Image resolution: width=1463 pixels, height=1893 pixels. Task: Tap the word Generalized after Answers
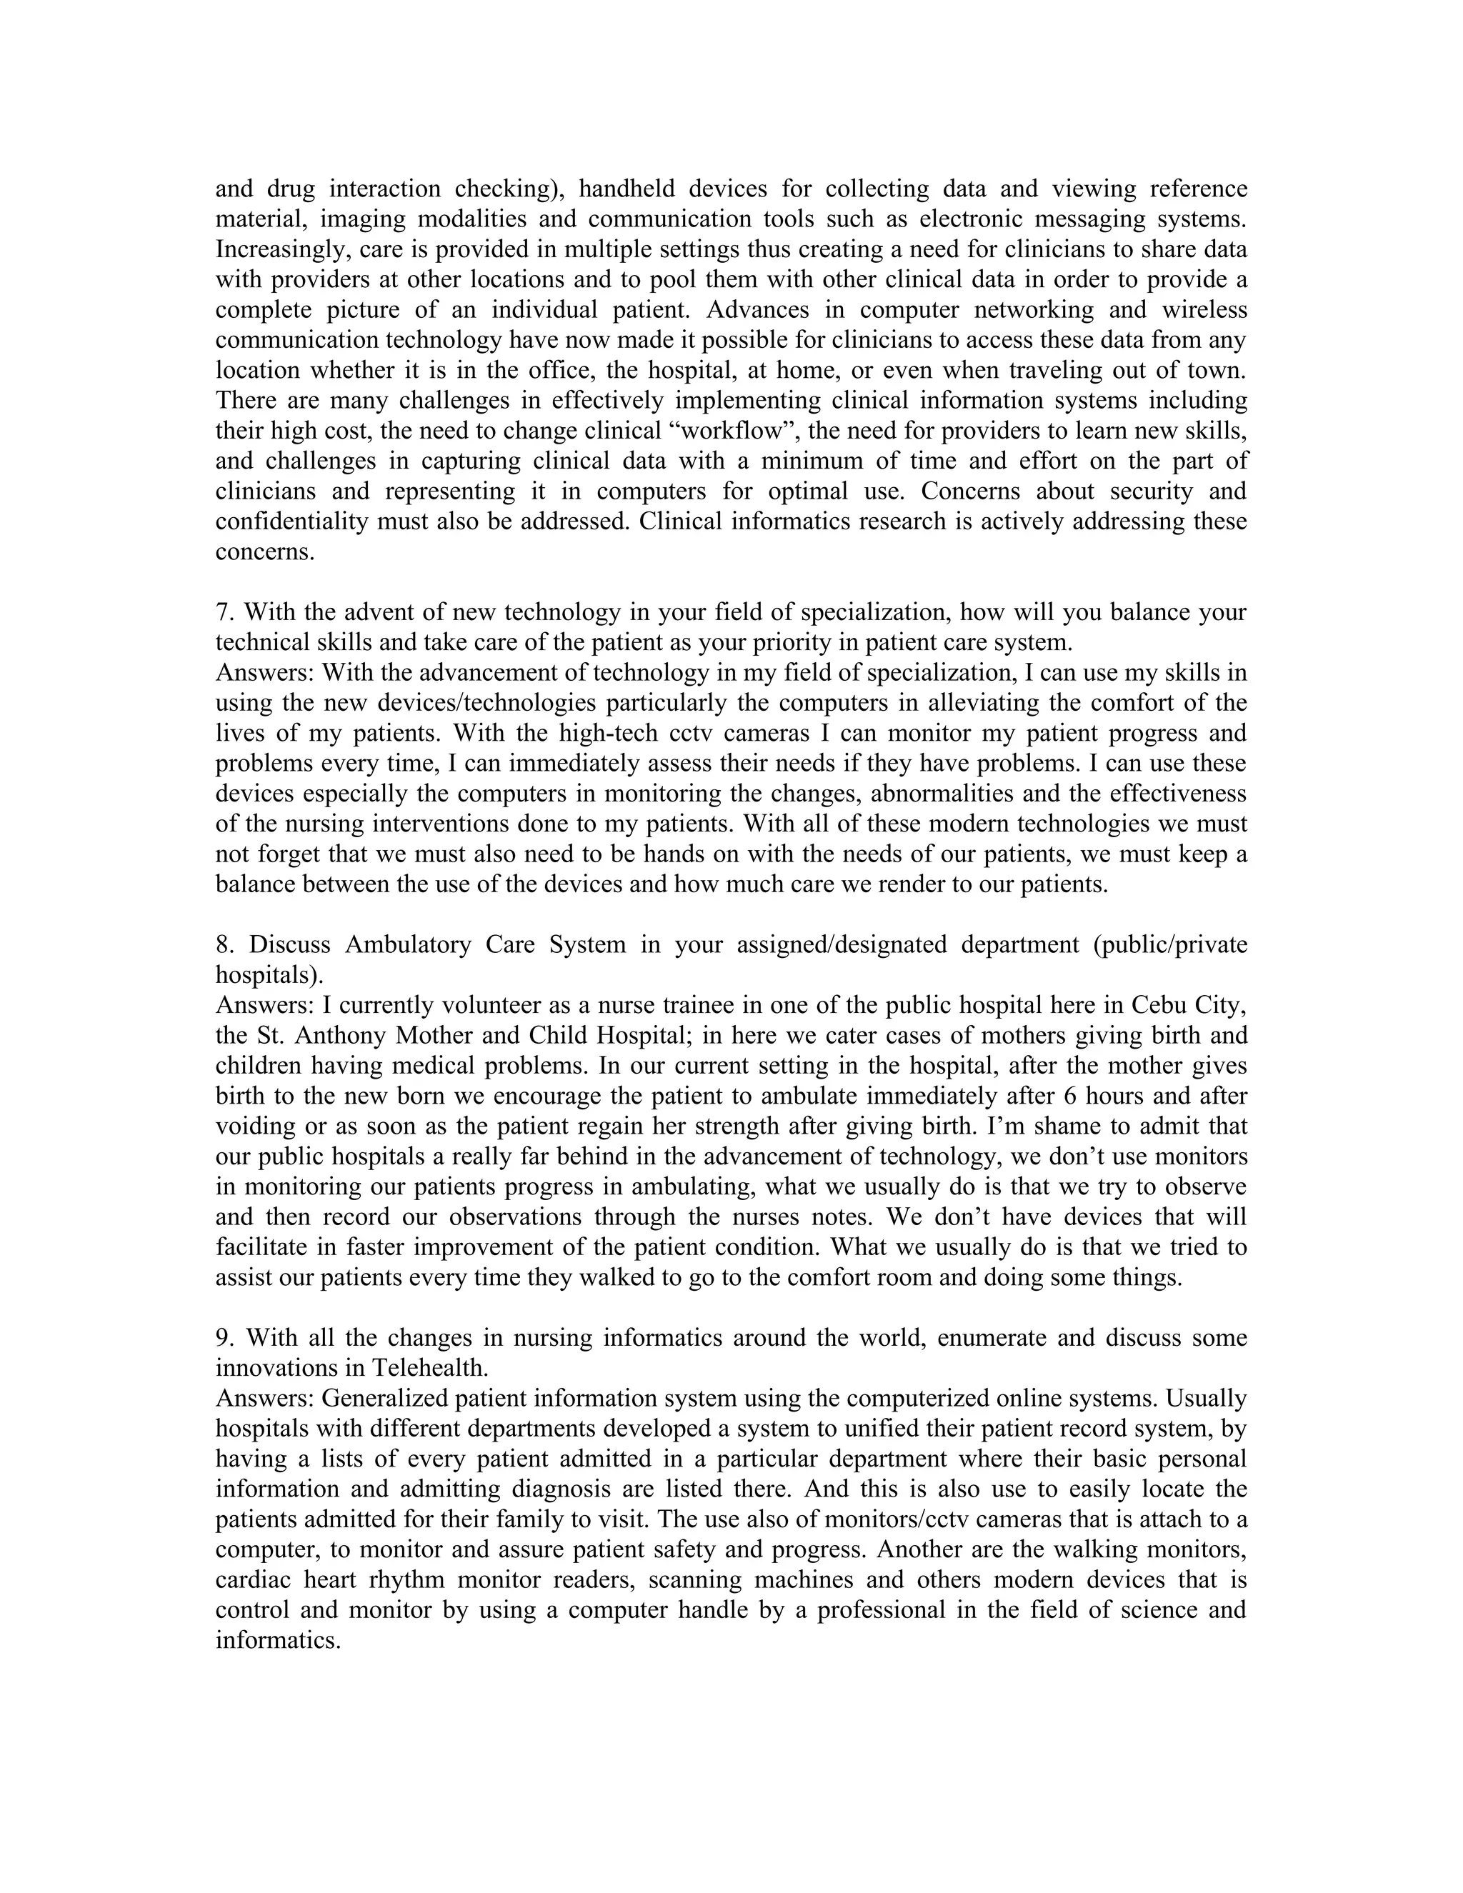[384, 1398]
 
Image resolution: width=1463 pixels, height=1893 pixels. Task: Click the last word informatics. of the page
[276, 1641]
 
